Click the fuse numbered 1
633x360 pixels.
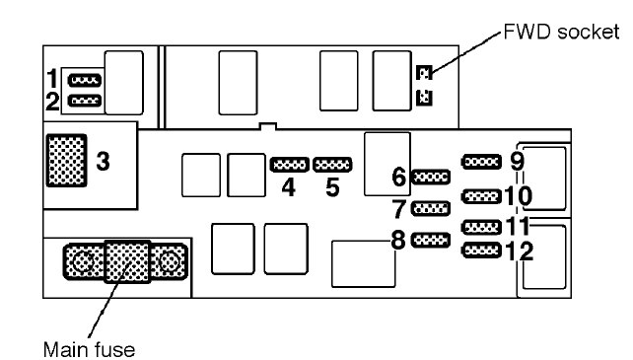pos(85,80)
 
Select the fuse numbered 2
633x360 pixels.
pos(85,101)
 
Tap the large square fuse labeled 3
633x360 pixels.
pos(67,161)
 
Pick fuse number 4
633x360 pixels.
pos(290,165)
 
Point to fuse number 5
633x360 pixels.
pos(332,165)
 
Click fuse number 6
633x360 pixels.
pos(430,177)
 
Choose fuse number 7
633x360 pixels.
pos(430,208)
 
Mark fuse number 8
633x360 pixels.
pos(430,241)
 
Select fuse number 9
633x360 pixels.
pos(481,162)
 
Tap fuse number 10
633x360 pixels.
pos(481,197)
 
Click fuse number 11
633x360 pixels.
pos(481,228)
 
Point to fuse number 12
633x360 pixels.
pos(481,251)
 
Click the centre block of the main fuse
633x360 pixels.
pos(127,261)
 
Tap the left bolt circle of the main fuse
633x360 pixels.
pos(84,261)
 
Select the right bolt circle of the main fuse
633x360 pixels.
pos(169,261)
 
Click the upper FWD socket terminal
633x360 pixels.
pos(424,73)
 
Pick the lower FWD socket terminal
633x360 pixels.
pos(424,98)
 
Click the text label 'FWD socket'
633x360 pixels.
pos(561,32)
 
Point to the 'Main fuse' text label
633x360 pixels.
pos(89,350)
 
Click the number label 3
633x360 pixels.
pos(103,161)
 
